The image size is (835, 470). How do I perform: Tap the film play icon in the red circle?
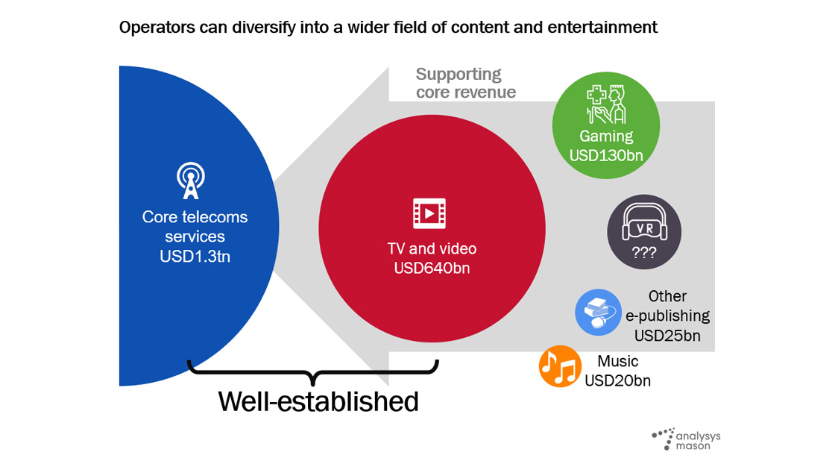click(x=429, y=213)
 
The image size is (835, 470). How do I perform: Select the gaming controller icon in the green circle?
click(x=606, y=105)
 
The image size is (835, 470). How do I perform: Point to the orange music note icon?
click(x=560, y=366)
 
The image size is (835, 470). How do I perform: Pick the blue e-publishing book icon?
click(x=599, y=312)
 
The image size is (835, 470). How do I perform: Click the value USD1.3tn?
click(x=195, y=255)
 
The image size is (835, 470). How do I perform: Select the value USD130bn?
click(x=606, y=155)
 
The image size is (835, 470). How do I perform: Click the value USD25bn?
click(x=667, y=336)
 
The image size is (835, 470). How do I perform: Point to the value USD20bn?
click(x=618, y=381)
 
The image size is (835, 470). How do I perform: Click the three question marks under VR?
click(x=643, y=253)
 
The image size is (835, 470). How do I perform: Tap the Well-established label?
click(x=318, y=401)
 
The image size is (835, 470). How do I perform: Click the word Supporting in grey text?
click(x=459, y=75)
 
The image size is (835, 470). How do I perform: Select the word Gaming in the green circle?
click(x=606, y=137)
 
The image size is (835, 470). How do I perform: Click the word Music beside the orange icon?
click(x=618, y=362)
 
